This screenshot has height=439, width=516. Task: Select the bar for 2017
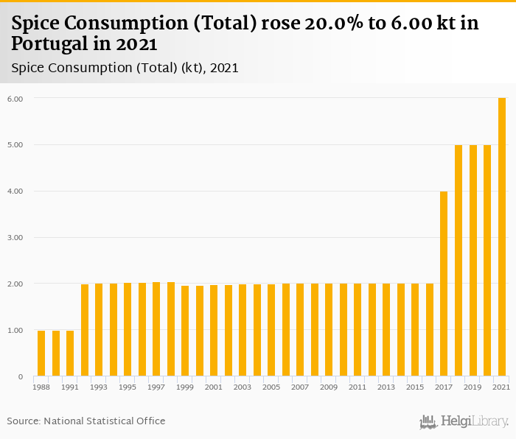pos(444,284)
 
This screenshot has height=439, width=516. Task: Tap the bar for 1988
pos(41,354)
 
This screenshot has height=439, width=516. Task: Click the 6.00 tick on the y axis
pos(15,99)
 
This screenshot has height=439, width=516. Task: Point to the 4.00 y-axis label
pos(15,192)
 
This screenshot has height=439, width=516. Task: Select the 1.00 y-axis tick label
pos(15,331)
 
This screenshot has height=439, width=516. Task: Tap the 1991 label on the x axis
pos(69,387)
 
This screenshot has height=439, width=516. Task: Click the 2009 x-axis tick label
pos(329,387)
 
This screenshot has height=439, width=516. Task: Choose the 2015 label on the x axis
pos(415,387)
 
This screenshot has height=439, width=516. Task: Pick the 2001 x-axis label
pos(214,387)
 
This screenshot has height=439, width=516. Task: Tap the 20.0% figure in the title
pos(331,23)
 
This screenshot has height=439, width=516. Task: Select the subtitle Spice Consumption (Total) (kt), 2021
pos(125,68)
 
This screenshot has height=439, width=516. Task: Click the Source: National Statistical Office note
pos(86,421)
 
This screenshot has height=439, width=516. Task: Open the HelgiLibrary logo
pos(464,421)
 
